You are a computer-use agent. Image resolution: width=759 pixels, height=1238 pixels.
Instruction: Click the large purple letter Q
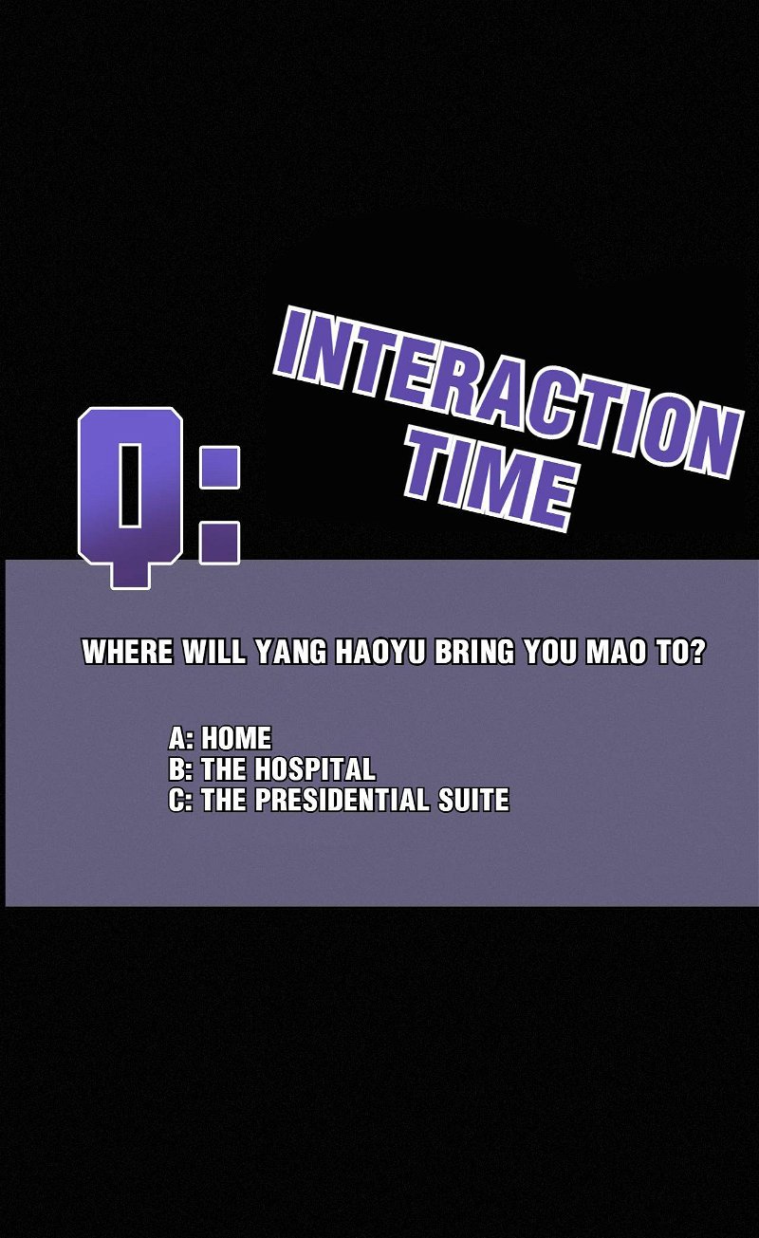[x=131, y=497]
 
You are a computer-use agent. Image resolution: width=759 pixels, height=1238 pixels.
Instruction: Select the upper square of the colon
[x=219, y=468]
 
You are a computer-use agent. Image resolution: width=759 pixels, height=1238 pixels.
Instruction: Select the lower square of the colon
[x=219, y=543]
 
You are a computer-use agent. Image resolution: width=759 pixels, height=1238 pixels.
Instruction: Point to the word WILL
[x=213, y=653]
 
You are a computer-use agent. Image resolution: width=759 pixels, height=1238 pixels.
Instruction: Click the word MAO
[x=616, y=653]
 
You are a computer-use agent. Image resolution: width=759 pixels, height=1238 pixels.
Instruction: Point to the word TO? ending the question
[x=680, y=653]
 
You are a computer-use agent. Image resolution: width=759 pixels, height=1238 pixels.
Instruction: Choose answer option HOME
[x=236, y=738]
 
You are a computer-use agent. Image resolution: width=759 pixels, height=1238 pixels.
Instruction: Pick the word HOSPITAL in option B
[x=316, y=768]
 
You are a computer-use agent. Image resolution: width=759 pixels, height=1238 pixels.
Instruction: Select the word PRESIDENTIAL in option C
[x=342, y=800]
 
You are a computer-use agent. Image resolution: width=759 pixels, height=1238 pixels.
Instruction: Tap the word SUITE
[x=473, y=800]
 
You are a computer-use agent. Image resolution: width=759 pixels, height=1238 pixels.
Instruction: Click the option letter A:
[x=181, y=738]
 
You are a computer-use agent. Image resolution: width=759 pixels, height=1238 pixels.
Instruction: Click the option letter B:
[x=181, y=768]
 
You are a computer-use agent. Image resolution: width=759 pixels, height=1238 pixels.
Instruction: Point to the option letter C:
[x=181, y=800]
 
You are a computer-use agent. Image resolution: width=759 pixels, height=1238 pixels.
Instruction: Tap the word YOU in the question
[x=550, y=653]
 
